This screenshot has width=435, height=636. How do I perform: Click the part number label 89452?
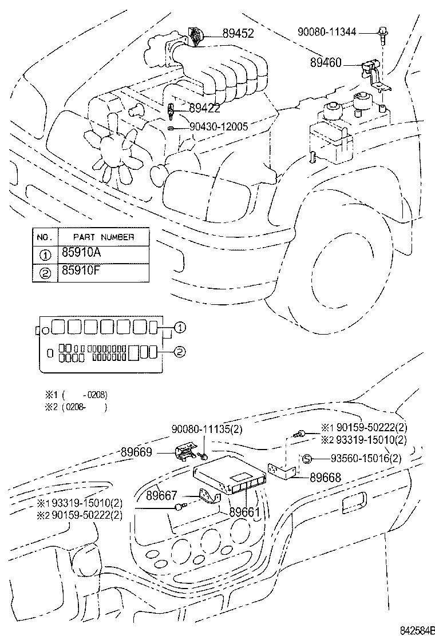pyautogui.click(x=238, y=33)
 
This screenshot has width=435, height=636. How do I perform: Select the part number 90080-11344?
pyautogui.click(x=327, y=31)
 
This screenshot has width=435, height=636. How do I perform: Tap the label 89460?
pyautogui.click(x=326, y=62)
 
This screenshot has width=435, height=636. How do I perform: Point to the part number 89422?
pyautogui.click(x=204, y=108)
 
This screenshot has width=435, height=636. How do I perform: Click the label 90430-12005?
pyautogui.click(x=219, y=126)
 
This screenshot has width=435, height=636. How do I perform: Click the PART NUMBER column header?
pyautogui.click(x=104, y=237)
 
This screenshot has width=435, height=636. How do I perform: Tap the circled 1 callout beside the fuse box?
pyautogui.click(x=180, y=327)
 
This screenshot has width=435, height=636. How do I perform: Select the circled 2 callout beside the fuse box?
pyautogui.click(x=180, y=352)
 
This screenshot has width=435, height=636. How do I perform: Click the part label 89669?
pyautogui.click(x=136, y=452)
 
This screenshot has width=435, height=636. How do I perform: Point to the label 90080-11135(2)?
pyautogui.click(x=207, y=429)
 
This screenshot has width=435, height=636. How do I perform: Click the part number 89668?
pyautogui.click(x=326, y=478)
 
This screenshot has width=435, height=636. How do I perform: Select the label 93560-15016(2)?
pyautogui.click(x=366, y=458)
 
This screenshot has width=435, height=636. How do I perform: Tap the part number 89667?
pyautogui.click(x=161, y=495)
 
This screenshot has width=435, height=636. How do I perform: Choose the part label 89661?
pyautogui.click(x=245, y=512)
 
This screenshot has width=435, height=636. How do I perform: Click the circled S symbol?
pyautogui.click(x=307, y=459)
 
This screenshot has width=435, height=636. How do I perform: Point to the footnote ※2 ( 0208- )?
pyautogui.click(x=76, y=407)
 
